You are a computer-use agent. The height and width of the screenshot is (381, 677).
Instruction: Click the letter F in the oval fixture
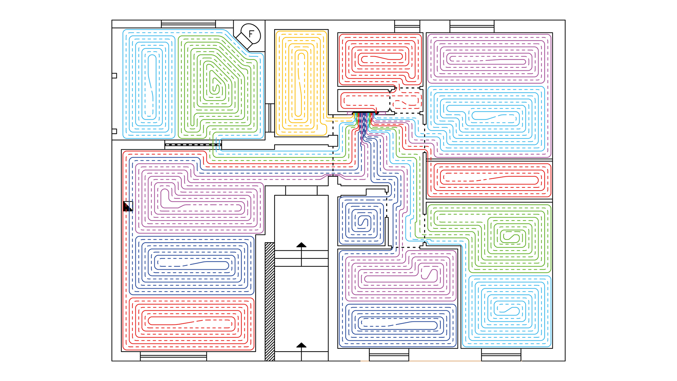(251, 34)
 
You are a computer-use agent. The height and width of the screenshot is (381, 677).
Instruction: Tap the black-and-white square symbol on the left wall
(128, 206)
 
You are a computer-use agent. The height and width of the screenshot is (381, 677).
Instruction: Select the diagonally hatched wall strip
(270, 302)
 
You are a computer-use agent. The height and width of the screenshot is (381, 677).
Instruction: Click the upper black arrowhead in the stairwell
(301, 245)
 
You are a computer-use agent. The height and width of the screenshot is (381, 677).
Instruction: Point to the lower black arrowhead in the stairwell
(301, 345)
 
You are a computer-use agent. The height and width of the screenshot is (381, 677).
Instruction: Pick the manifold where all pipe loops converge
(364, 113)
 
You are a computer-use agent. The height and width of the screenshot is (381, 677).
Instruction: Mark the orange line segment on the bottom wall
(421, 361)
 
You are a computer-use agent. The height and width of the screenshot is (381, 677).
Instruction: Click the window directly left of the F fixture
(188, 24)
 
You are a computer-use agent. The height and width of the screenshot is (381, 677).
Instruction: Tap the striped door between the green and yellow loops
(270, 118)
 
